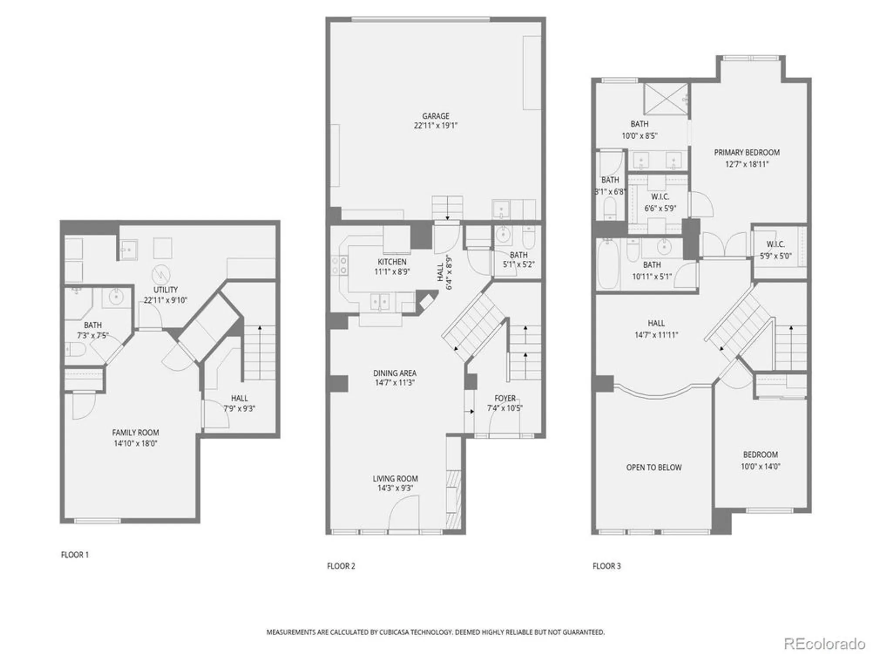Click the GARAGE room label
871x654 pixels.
(435, 116)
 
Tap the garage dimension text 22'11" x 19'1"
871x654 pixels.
(435, 126)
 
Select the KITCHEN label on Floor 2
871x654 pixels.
(392, 262)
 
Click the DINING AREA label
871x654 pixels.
(395, 373)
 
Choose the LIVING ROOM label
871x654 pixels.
(395, 479)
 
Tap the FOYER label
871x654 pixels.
(505, 398)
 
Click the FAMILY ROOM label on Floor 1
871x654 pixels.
(135, 433)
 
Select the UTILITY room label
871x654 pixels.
(165, 290)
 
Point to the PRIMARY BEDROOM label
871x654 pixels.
(746, 153)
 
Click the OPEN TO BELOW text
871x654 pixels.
(654, 467)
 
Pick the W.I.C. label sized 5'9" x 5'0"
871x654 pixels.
(775, 245)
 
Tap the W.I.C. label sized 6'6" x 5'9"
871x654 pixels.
(660, 197)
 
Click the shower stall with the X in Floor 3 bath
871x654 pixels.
(665, 99)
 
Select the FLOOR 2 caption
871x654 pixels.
(341, 566)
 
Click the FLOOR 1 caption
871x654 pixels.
(75, 555)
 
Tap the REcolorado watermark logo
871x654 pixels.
(824, 644)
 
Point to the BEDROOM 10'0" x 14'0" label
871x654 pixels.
(760, 455)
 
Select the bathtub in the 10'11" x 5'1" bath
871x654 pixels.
(608, 266)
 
